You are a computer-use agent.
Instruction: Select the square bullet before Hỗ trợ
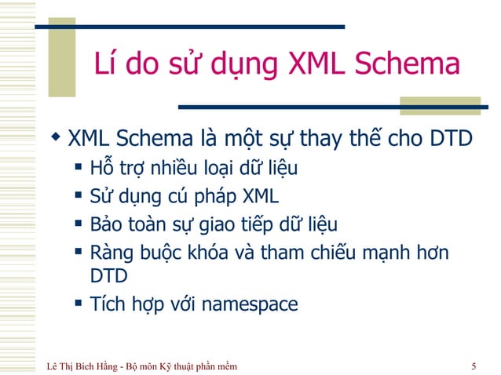point(79,167)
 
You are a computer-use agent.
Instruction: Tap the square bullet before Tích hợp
point(79,302)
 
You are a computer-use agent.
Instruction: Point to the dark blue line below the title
point(330,106)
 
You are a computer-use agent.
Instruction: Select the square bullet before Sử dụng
point(79,195)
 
